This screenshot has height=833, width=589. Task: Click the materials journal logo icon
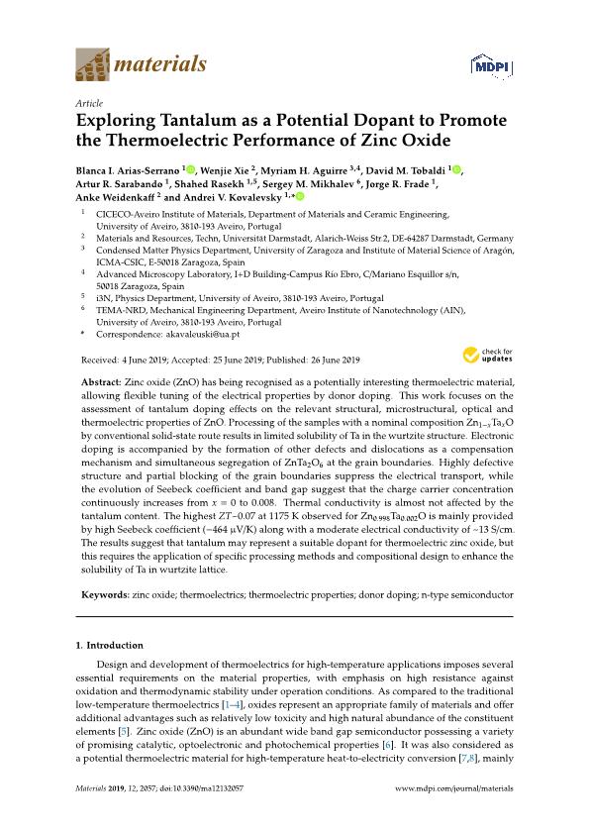[93, 66]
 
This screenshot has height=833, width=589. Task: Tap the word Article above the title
[89, 103]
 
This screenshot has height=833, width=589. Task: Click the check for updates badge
[484, 355]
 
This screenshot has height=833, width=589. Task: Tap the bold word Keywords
[103, 595]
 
